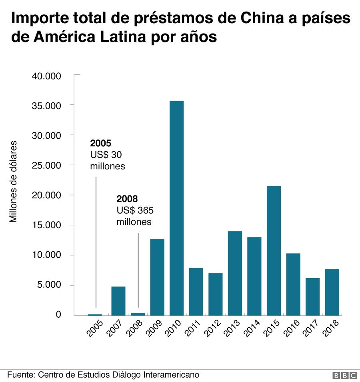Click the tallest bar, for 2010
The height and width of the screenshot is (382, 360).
[x=176, y=208]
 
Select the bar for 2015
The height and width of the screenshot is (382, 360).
[x=274, y=251]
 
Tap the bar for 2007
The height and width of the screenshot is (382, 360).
[x=118, y=300]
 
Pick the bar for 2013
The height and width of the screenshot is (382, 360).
[x=235, y=273]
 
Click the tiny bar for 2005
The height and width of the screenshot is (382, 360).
[x=95, y=314]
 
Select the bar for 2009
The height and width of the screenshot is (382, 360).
[x=157, y=277]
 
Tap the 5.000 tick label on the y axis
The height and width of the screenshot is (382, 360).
[x=49, y=285]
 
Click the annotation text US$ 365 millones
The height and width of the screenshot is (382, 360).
[x=135, y=216]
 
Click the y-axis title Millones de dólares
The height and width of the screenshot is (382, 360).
[x=14, y=181]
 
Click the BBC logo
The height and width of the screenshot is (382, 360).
[x=344, y=375]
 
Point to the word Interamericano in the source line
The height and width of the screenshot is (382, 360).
[x=171, y=375]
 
